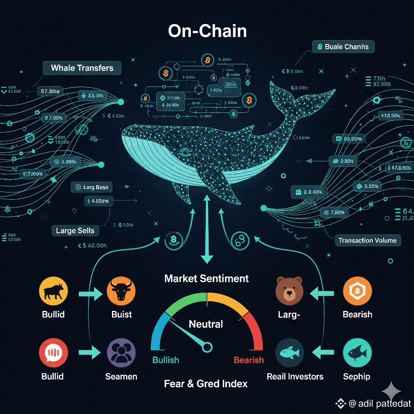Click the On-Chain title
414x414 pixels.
[207, 31]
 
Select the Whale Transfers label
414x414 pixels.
[82, 68]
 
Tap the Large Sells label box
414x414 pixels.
[75, 231]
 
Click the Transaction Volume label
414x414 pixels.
[368, 240]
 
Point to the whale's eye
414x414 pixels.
[186, 152]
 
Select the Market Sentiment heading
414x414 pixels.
[207, 278]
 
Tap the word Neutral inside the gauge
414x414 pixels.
[206, 324]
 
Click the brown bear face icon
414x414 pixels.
[289, 290]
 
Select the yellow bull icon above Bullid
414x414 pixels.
[53, 291]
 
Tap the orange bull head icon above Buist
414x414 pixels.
[121, 291]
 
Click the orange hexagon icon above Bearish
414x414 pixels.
[357, 291]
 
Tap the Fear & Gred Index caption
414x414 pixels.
[206, 383]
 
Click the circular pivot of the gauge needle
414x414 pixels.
[207, 346]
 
